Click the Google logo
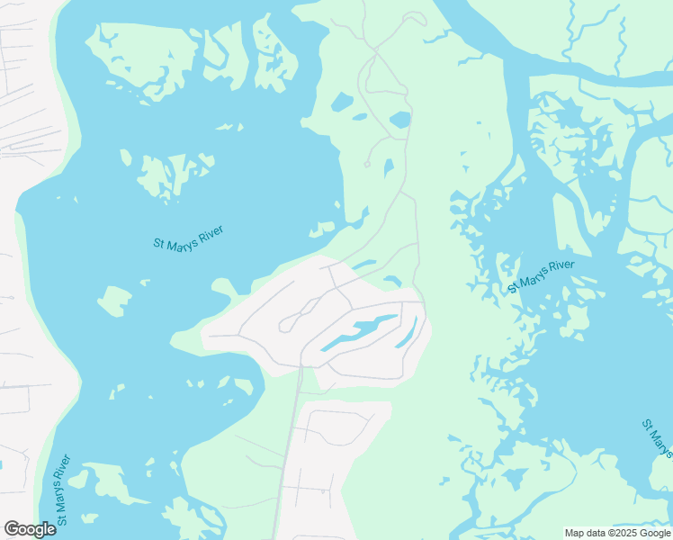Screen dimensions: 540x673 pyautogui.click(x=30, y=529)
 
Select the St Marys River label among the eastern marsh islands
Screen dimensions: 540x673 pyautogui.click(x=541, y=276)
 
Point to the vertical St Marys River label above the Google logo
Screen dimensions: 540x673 pyautogui.click(x=62, y=490)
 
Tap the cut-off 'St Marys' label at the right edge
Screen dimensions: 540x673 pyautogui.click(x=658, y=437)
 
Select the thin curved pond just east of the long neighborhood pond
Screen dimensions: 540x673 pyautogui.click(x=408, y=334)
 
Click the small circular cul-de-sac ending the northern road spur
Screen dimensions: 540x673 pyautogui.click(x=366, y=165)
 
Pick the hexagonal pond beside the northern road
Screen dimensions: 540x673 pyautogui.click(x=399, y=120)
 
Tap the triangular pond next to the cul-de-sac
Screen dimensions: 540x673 pyautogui.click(x=388, y=168)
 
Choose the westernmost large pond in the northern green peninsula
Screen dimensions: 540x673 pyautogui.click(x=342, y=103)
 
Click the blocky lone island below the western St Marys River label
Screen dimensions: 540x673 pyautogui.click(x=114, y=301)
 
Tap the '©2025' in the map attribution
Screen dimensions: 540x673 pyautogui.click(x=623, y=533)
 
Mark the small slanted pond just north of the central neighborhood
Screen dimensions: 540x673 pyautogui.click(x=363, y=265)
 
